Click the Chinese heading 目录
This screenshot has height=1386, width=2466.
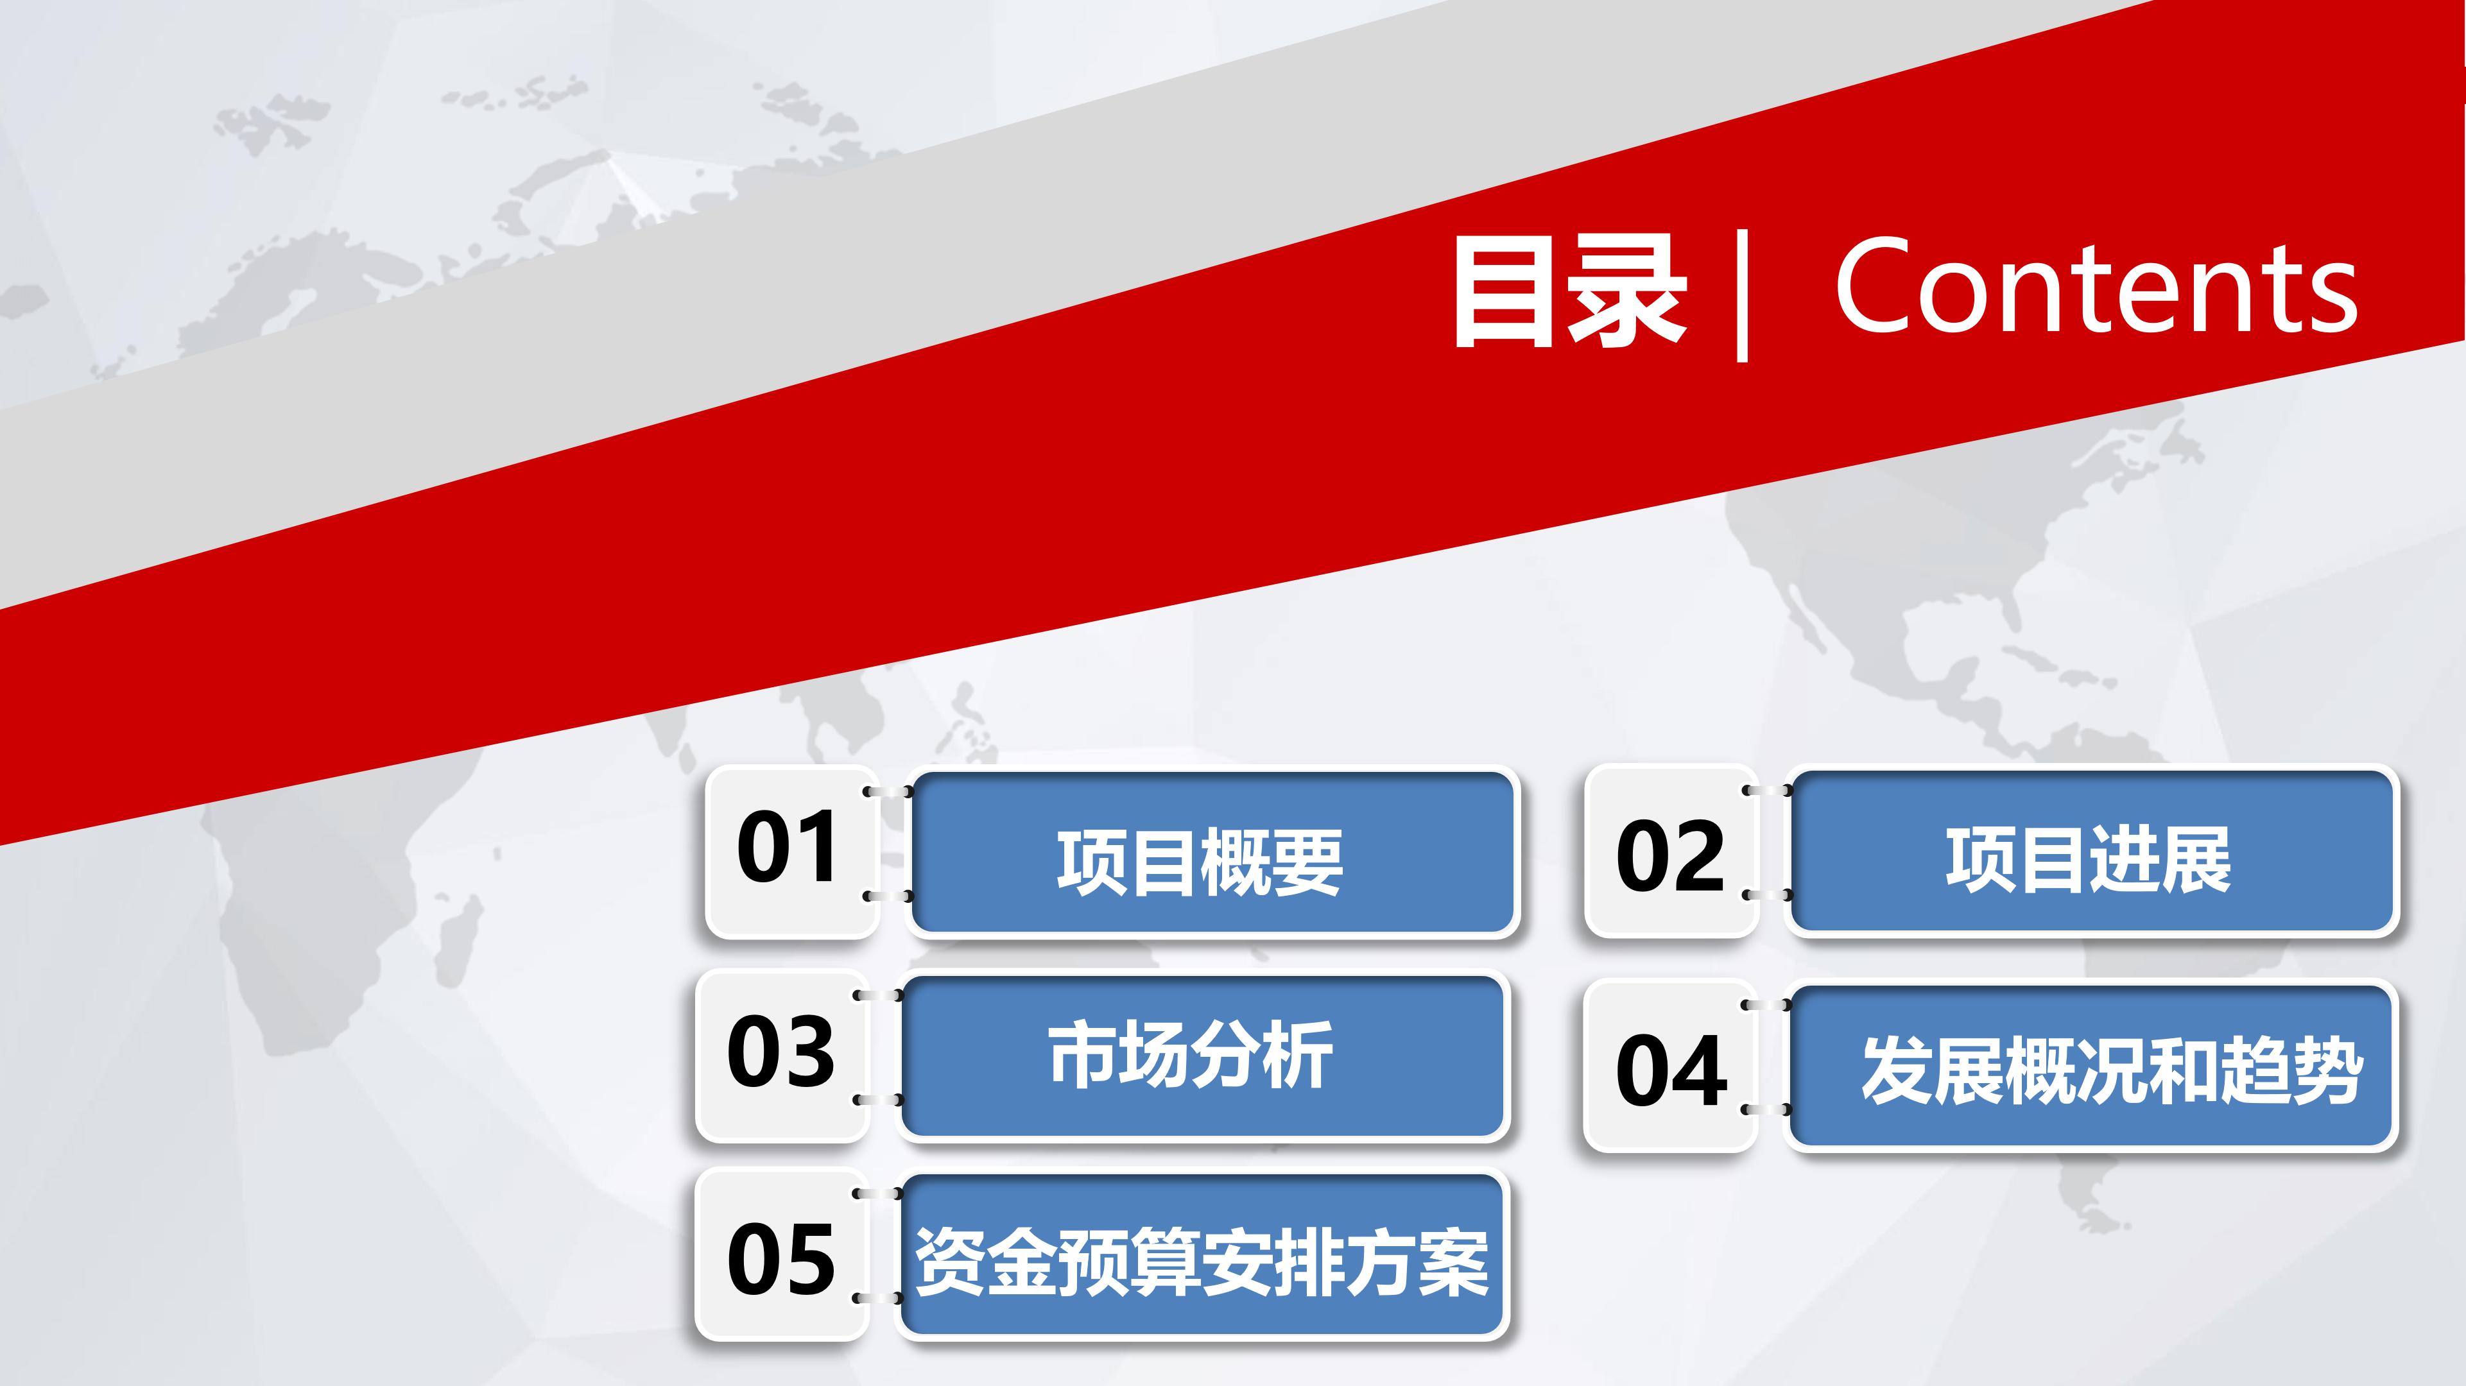coord(1570,292)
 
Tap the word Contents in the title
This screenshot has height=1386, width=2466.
coord(2096,287)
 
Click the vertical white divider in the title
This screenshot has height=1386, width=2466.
coord(1742,295)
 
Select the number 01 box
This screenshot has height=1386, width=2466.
coord(789,850)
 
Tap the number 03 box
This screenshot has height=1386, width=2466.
coord(781,1055)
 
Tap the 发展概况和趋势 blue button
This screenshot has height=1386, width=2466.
coord(2092,1065)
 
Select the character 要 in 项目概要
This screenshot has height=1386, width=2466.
coord(1307,862)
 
